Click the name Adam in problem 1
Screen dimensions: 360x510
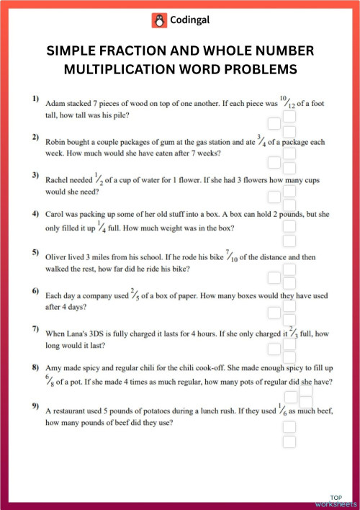(55, 104)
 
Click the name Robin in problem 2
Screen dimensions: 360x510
(57, 143)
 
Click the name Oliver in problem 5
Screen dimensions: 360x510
(58, 256)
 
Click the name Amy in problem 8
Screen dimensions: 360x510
(55, 368)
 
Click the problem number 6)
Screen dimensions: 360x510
(35, 291)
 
